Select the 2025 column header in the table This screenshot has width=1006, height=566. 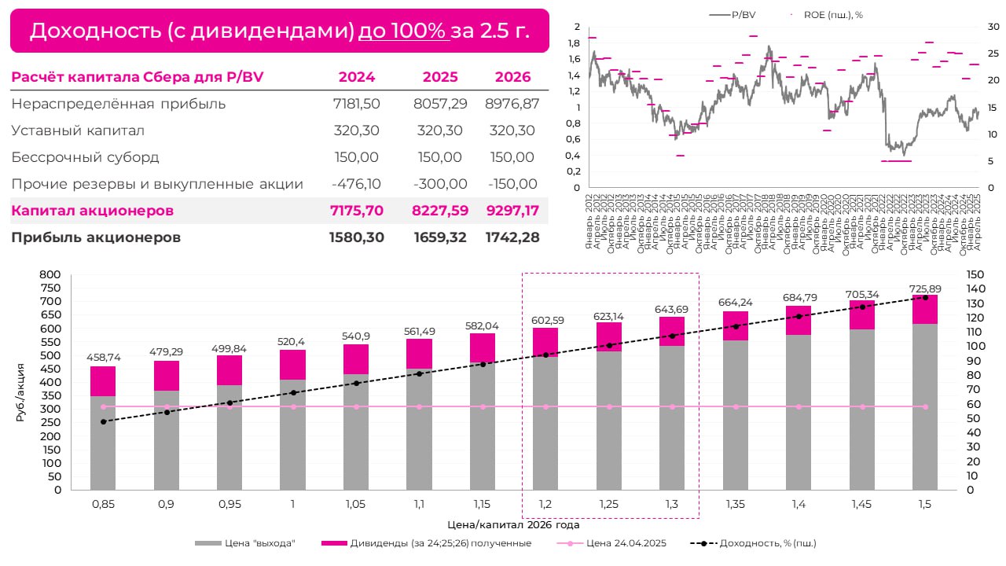[440, 77]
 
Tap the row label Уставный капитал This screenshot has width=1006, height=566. [78, 130]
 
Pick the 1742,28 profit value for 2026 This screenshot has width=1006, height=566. [512, 237]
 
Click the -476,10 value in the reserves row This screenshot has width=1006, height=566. [357, 184]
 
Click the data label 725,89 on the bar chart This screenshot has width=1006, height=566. [925, 289]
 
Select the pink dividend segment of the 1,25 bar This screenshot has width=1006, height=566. [609, 336]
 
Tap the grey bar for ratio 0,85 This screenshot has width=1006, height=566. [103, 443]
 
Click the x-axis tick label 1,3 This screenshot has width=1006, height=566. [672, 505]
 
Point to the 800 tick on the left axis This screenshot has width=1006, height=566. [50, 274]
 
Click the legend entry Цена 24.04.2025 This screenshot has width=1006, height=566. [615, 543]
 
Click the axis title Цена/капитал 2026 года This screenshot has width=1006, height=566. [513, 523]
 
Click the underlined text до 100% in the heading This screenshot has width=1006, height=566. [402, 31]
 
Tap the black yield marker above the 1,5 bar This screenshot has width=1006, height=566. [925, 297]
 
